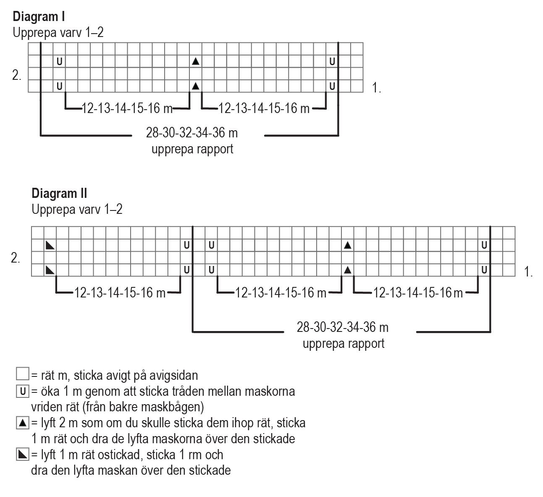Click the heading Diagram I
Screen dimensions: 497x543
(x=38, y=17)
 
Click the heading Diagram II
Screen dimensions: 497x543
(x=59, y=193)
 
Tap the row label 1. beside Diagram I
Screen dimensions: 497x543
(x=376, y=88)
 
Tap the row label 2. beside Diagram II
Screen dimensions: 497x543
(x=16, y=258)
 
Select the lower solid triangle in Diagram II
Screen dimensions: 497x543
(x=347, y=270)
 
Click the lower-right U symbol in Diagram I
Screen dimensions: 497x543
(x=332, y=87)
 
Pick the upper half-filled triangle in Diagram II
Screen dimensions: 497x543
(x=50, y=245)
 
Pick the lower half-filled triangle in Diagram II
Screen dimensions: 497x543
(x=50, y=270)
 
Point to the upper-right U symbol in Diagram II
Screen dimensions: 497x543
(x=484, y=245)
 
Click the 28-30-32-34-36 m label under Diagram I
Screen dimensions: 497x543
(x=192, y=133)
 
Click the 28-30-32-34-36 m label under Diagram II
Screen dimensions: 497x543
(x=343, y=327)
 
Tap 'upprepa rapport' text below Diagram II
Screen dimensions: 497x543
(x=344, y=344)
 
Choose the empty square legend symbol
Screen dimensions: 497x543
(x=22, y=374)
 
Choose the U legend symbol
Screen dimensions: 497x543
(x=22, y=392)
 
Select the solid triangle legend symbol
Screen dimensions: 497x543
(x=22, y=422)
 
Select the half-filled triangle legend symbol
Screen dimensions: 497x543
(x=22, y=454)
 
